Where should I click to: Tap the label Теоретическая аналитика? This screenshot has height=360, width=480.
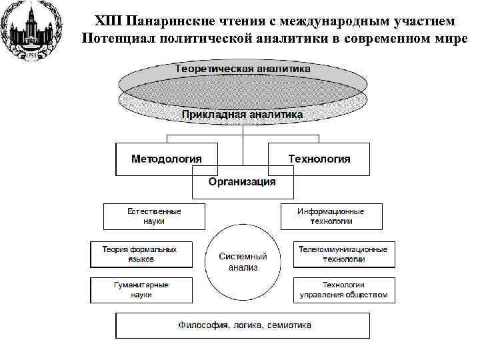(243, 69)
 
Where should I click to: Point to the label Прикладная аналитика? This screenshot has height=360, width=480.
(243, 114)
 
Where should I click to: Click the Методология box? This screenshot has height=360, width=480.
(167, 159)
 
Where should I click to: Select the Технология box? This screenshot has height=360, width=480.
(319, 159)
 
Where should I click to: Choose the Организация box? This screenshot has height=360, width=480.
(242, 182)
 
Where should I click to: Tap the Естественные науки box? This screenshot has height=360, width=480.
(154, 216)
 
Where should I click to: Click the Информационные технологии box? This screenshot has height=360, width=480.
(331, 216)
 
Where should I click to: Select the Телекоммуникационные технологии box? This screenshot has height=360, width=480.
(343, 254)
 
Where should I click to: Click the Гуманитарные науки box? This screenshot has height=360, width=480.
(141, 289)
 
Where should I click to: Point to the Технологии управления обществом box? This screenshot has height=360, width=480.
(343, 289)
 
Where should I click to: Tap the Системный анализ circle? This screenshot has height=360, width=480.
(243, 261)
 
